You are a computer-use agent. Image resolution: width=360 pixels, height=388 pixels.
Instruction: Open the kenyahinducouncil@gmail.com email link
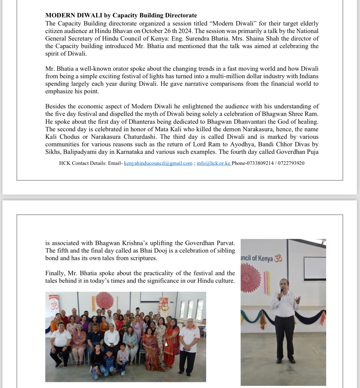tap(158, 163)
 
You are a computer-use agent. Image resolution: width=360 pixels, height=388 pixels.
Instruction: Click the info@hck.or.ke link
tap(213, 163)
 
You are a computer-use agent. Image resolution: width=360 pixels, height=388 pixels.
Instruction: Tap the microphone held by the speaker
tap(281, 291)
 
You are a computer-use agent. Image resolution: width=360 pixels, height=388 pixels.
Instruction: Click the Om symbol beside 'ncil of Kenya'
tap(278, 258)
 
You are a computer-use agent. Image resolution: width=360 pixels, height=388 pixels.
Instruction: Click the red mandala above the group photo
tap(105, 300)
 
